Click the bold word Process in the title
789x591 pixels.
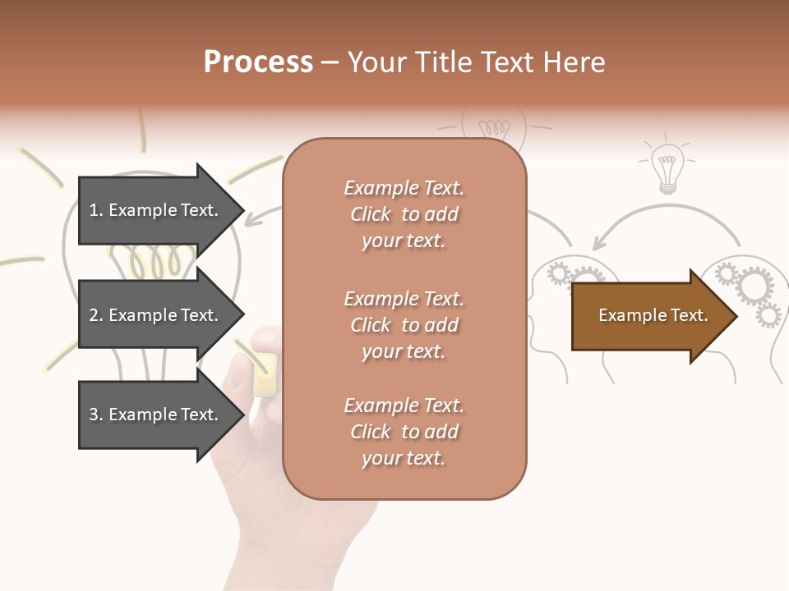click(x=258, y=62)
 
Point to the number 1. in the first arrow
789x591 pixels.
click(x=96, y=210)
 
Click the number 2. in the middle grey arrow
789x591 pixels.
click(x=96, y=315)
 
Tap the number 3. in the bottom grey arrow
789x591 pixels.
click(x=96, y=415)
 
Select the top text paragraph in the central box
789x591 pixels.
click(x=404, y=214)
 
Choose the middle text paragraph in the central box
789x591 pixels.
click(x=404, y=325)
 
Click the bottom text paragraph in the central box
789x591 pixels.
click(x=404, y=432)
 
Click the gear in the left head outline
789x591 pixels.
click(x=560, y=273)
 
